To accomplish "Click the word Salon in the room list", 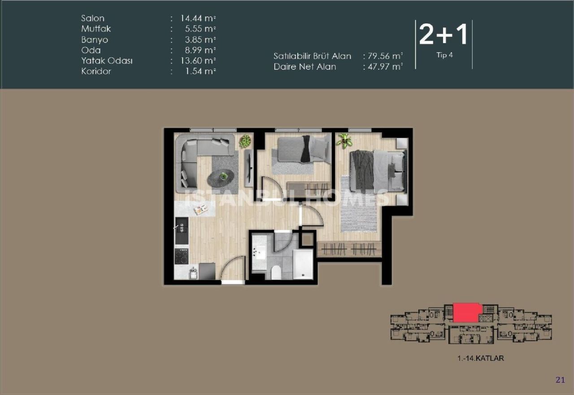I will (x=92, y=18).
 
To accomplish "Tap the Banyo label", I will (x=94, y=39).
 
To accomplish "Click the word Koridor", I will (x=96, y=71).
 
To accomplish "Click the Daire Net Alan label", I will (x=304, y=67).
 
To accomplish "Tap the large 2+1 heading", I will (x=443, y=35).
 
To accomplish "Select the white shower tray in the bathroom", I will (x=303, y=265).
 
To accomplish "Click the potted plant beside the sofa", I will (x=245, y=141).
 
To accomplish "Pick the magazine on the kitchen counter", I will (x=200, y=209).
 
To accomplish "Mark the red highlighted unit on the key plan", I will (x=467, y=312).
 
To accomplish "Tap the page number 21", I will (x=560, y=380).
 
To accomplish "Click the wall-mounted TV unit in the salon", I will (x=248, y=167).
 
